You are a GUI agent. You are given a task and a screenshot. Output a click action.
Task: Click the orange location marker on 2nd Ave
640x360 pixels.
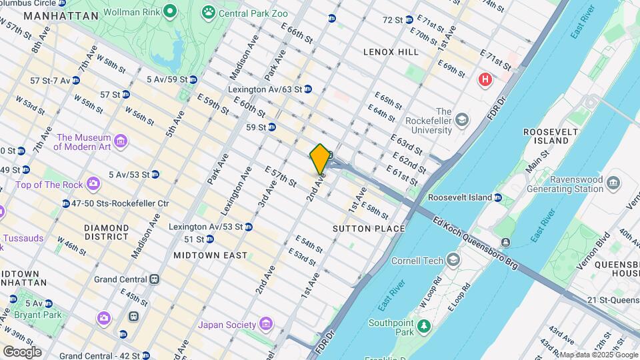(x=320, y=159)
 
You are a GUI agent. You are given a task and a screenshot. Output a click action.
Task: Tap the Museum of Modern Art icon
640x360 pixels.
(x=120, y=141)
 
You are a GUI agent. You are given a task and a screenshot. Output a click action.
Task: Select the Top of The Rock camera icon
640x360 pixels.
(x=93, y=183)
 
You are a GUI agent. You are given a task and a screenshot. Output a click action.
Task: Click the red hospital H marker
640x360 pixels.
(x=485, y=80)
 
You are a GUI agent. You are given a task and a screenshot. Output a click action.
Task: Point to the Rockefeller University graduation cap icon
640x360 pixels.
(x=461, y=119)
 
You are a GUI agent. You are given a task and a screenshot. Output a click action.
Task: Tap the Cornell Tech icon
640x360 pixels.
(x=453, y=259)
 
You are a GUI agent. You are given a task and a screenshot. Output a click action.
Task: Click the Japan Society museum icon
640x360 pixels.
(x=265, y=324)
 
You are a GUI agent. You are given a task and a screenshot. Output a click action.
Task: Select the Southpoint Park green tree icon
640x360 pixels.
(x=423, y=327)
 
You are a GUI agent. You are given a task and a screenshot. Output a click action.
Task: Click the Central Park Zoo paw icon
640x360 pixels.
(x=209, y=11)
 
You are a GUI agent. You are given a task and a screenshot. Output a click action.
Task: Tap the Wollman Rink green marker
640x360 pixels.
(x=170, y=11)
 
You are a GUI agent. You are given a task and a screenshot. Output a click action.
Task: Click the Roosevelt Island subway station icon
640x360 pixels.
(x=498, y=197)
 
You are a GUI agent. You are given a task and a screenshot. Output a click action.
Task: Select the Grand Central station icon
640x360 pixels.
(x=155, y=279)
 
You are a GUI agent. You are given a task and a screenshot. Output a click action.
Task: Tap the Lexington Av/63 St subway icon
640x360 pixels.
(x=307, y=89)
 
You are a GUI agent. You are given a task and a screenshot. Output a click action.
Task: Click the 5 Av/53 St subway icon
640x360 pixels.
(x=155, y=175)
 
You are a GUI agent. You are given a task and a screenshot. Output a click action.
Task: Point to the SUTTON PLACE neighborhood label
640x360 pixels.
(x=369, y=229)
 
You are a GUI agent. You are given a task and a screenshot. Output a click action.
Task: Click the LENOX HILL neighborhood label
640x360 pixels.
(x=391, y=51)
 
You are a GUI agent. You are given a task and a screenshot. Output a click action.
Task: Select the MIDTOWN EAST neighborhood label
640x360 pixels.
(x=210, y=255)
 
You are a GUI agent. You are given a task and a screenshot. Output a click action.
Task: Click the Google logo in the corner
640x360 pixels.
(x=22, y=351)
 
